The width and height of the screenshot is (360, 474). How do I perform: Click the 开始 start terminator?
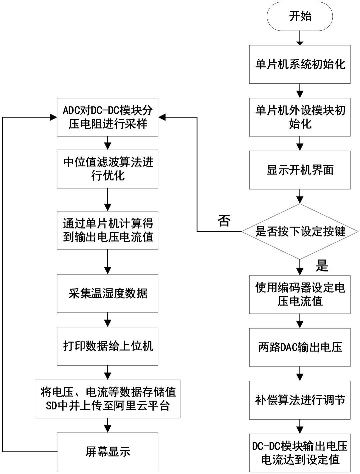300,16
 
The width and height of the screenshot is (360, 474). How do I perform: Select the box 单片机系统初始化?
300,64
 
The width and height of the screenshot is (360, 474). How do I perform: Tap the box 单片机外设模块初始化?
300,117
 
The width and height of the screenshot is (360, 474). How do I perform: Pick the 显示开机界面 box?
300,170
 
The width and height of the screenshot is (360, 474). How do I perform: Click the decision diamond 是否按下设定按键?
300,231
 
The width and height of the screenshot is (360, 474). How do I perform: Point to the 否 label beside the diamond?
224,220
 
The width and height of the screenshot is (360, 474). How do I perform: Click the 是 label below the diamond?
322,266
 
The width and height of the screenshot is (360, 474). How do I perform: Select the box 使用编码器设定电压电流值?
300,294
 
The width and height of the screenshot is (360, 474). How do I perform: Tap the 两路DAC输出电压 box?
300,347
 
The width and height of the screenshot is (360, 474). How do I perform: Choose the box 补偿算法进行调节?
300,400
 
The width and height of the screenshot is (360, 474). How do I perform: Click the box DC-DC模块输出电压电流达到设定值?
300,453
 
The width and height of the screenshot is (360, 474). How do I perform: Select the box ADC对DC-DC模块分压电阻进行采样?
108,117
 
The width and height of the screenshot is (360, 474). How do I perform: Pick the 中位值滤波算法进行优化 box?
108,169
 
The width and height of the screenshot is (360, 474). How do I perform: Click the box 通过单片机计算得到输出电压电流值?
108,230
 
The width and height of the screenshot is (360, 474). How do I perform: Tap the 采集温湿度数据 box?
108,293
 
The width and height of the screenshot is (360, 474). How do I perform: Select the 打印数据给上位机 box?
108,346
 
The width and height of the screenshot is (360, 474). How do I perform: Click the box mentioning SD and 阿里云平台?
108,399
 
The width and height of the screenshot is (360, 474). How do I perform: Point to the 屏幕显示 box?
108,452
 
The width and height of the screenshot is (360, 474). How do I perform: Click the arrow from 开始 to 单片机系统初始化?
300,38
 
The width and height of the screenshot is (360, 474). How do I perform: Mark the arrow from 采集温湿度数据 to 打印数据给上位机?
108,320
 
